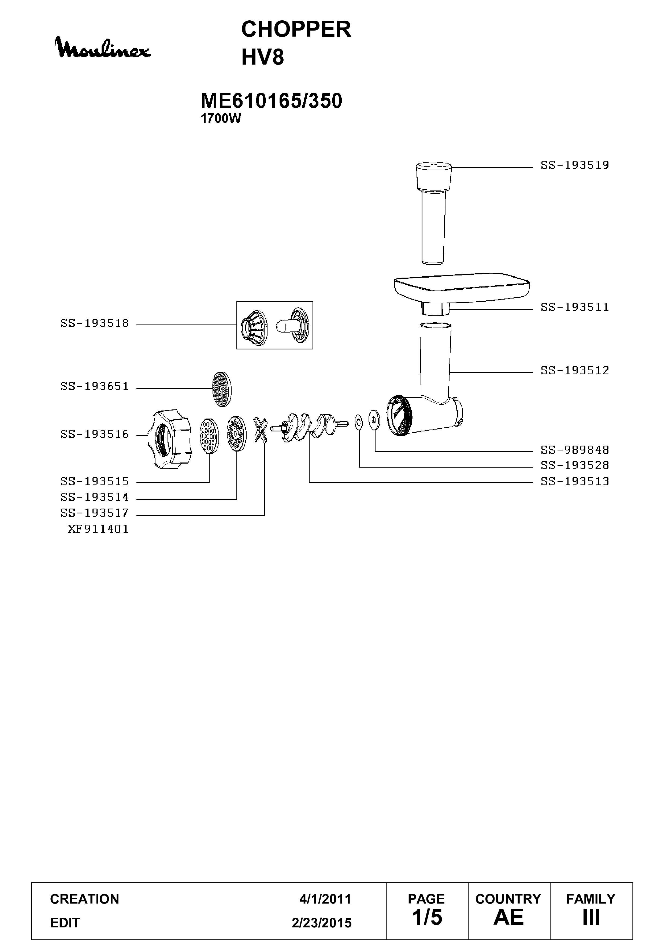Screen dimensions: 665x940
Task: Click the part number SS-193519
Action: click(x=575, y=165)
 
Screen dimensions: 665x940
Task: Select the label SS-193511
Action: click(x=575, y=307)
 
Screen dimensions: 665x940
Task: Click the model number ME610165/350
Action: click(x=271, y=101)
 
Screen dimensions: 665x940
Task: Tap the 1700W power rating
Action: click(x=221, y=119)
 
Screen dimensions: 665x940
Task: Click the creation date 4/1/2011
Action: click(x=325, y=899)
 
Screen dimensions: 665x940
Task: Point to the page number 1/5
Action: click(x=427, y=917)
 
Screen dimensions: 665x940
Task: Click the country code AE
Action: click(x=508, y=917)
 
